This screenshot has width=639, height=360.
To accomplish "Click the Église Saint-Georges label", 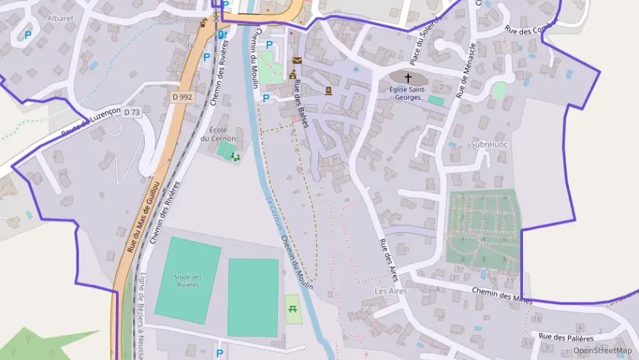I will click(410, 93).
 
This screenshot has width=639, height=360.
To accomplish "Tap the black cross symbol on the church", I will click(409, 78).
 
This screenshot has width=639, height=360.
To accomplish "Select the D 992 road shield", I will click(182, 98).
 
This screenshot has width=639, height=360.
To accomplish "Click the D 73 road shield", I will click(132, 112).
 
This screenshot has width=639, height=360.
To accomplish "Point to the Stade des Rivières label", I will click(188, 280).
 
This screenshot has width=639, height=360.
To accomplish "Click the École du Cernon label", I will click(218, 133).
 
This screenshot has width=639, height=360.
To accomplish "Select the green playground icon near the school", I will click(236, 157).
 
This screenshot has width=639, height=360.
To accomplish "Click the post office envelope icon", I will click(296, 60).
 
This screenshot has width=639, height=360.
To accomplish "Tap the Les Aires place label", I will click(390, 291).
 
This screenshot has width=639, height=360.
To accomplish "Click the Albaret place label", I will click(60, 18).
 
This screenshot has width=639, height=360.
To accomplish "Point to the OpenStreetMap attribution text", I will click(602, 350).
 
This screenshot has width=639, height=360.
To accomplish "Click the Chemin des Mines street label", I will click(501, 294).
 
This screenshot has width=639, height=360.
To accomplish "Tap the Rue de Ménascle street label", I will click(466, 70).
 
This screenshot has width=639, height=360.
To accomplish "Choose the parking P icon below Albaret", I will click(28, 35).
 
